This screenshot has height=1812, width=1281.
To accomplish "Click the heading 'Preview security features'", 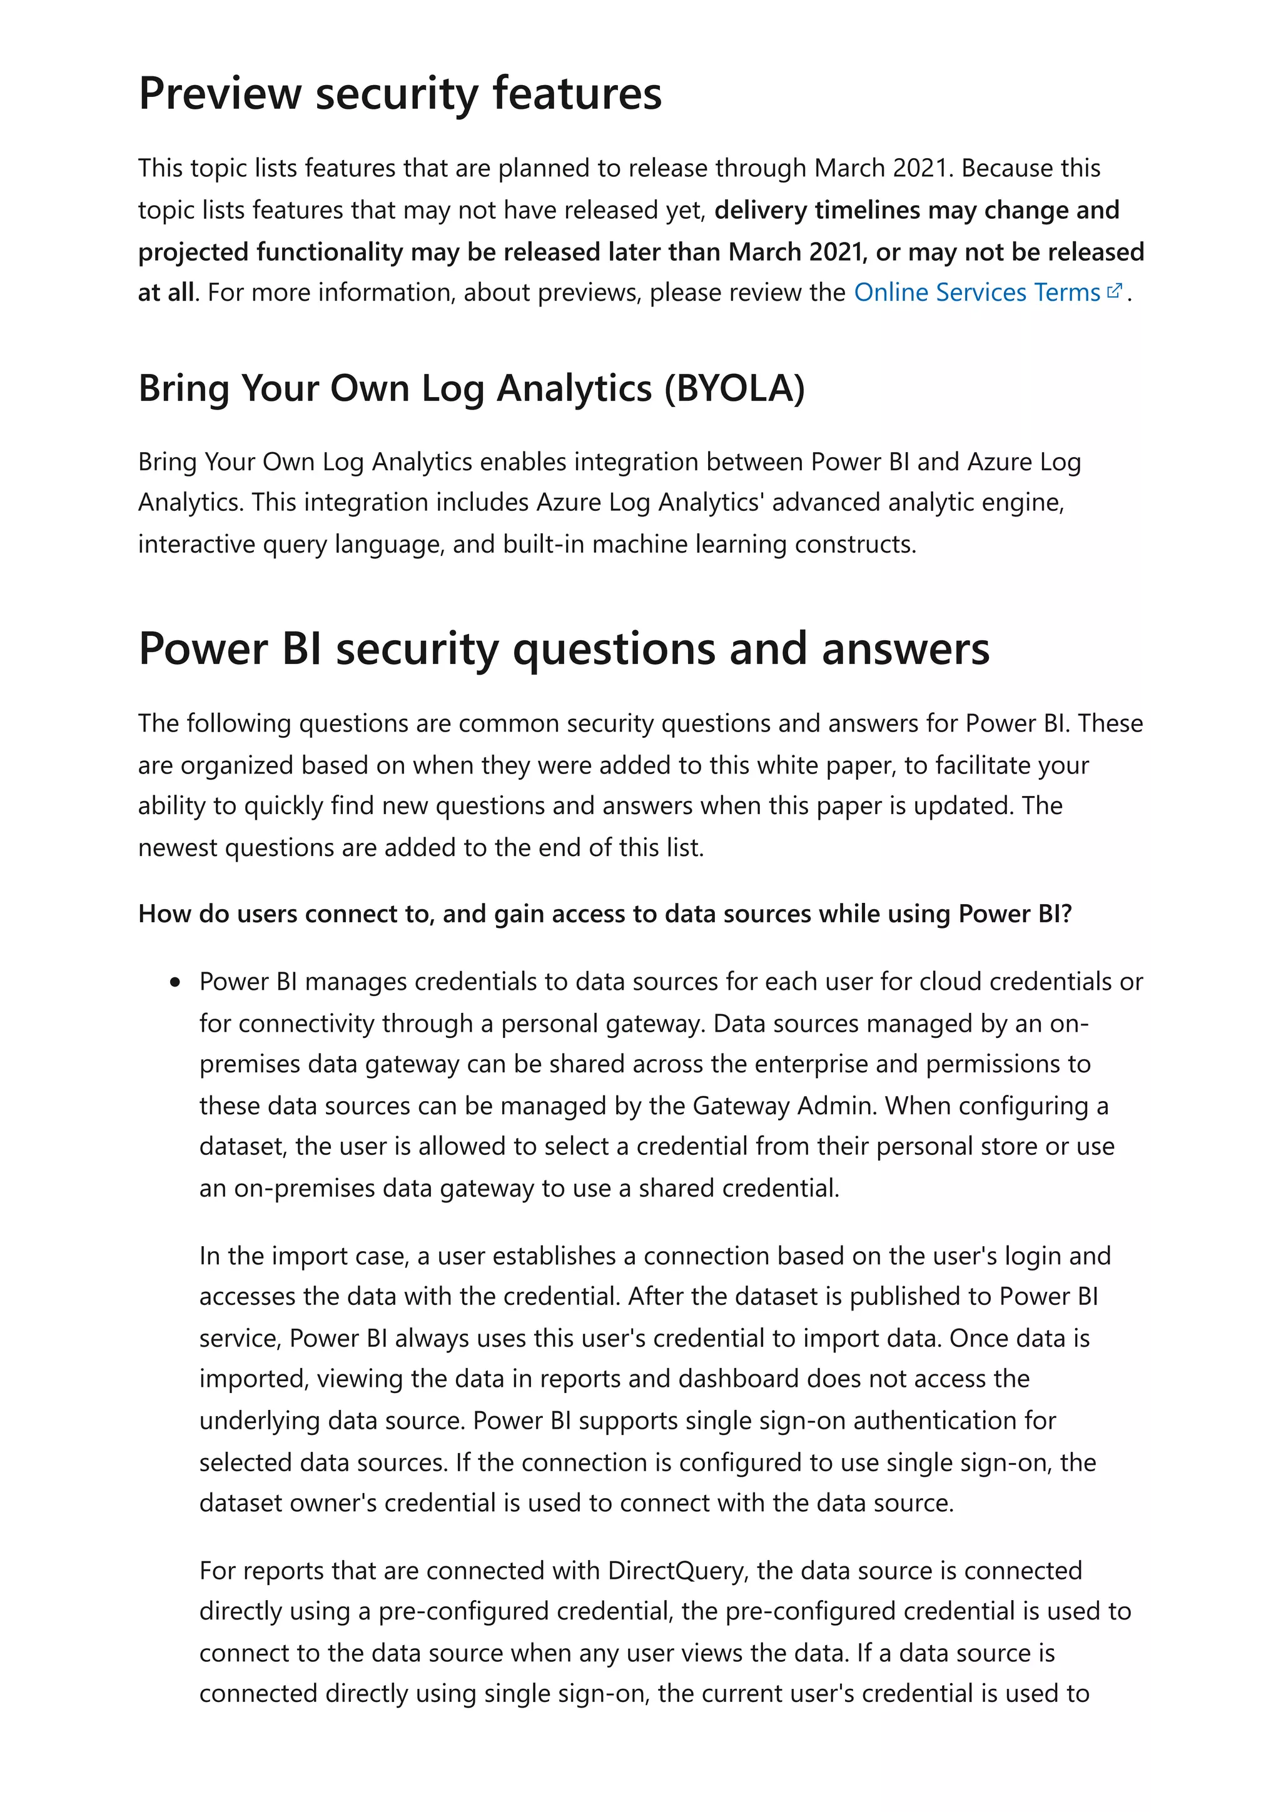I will pos(400,94).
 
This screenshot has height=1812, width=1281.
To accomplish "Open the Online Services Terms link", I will pos(976,293).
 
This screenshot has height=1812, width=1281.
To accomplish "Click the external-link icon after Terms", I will pos(1115,291).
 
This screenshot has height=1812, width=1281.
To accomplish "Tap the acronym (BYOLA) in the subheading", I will pos(734,388).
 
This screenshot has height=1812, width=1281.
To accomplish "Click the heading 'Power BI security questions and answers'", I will pos(563,649).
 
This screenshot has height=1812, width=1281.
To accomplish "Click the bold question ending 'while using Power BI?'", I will pos(605,914).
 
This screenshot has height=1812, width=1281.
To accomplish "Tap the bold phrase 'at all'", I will pos(165,293).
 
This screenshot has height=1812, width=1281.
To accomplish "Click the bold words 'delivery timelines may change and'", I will pos(916,210).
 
